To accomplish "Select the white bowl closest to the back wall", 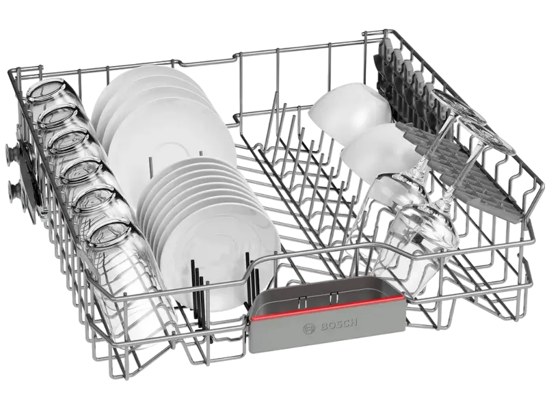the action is (x=351, y=111).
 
